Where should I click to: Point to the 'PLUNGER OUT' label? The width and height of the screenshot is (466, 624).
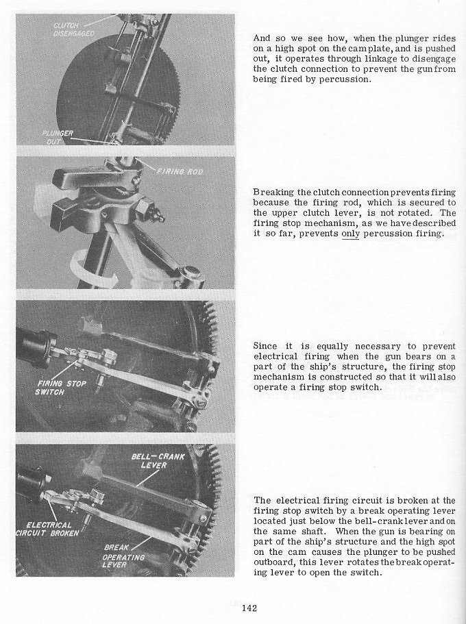point(58,136)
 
